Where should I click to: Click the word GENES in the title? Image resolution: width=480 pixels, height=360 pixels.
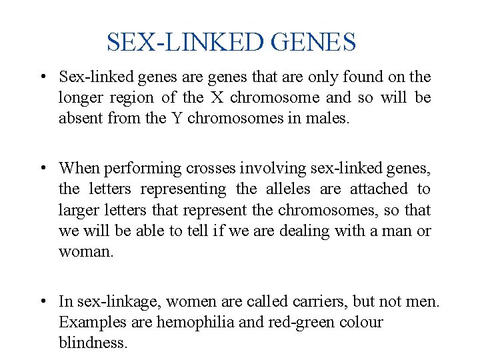coord(315,43)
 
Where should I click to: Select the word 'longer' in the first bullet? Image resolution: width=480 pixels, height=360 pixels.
coord(79,98)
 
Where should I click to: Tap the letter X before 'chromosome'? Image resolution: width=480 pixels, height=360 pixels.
coord(217,98)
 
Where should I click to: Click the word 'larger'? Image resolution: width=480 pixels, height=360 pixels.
coord(78,211)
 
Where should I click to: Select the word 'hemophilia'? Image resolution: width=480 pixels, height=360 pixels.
coord(190,323)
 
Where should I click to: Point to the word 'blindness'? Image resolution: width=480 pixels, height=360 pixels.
coord(91,343)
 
